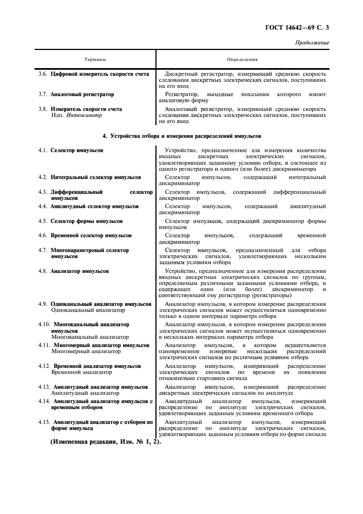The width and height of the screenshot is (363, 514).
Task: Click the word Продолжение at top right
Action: pyautogui.click(x=312, y=42)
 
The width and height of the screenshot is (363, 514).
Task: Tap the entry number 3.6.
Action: pyautogui.click(x=43, y=73)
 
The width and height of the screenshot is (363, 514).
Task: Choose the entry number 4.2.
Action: pyautogui.click(x=43, y=177)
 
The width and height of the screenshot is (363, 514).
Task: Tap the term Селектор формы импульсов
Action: pyautogui.click(x=87, y=221)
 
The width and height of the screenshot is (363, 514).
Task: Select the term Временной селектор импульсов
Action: pyautogui.click(x=91, y=236)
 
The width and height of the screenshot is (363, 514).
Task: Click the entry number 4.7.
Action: pyautogui.click(x=43, y=250)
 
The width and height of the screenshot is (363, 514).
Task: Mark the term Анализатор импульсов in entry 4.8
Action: pyautogui.click(x=80, y=271)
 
